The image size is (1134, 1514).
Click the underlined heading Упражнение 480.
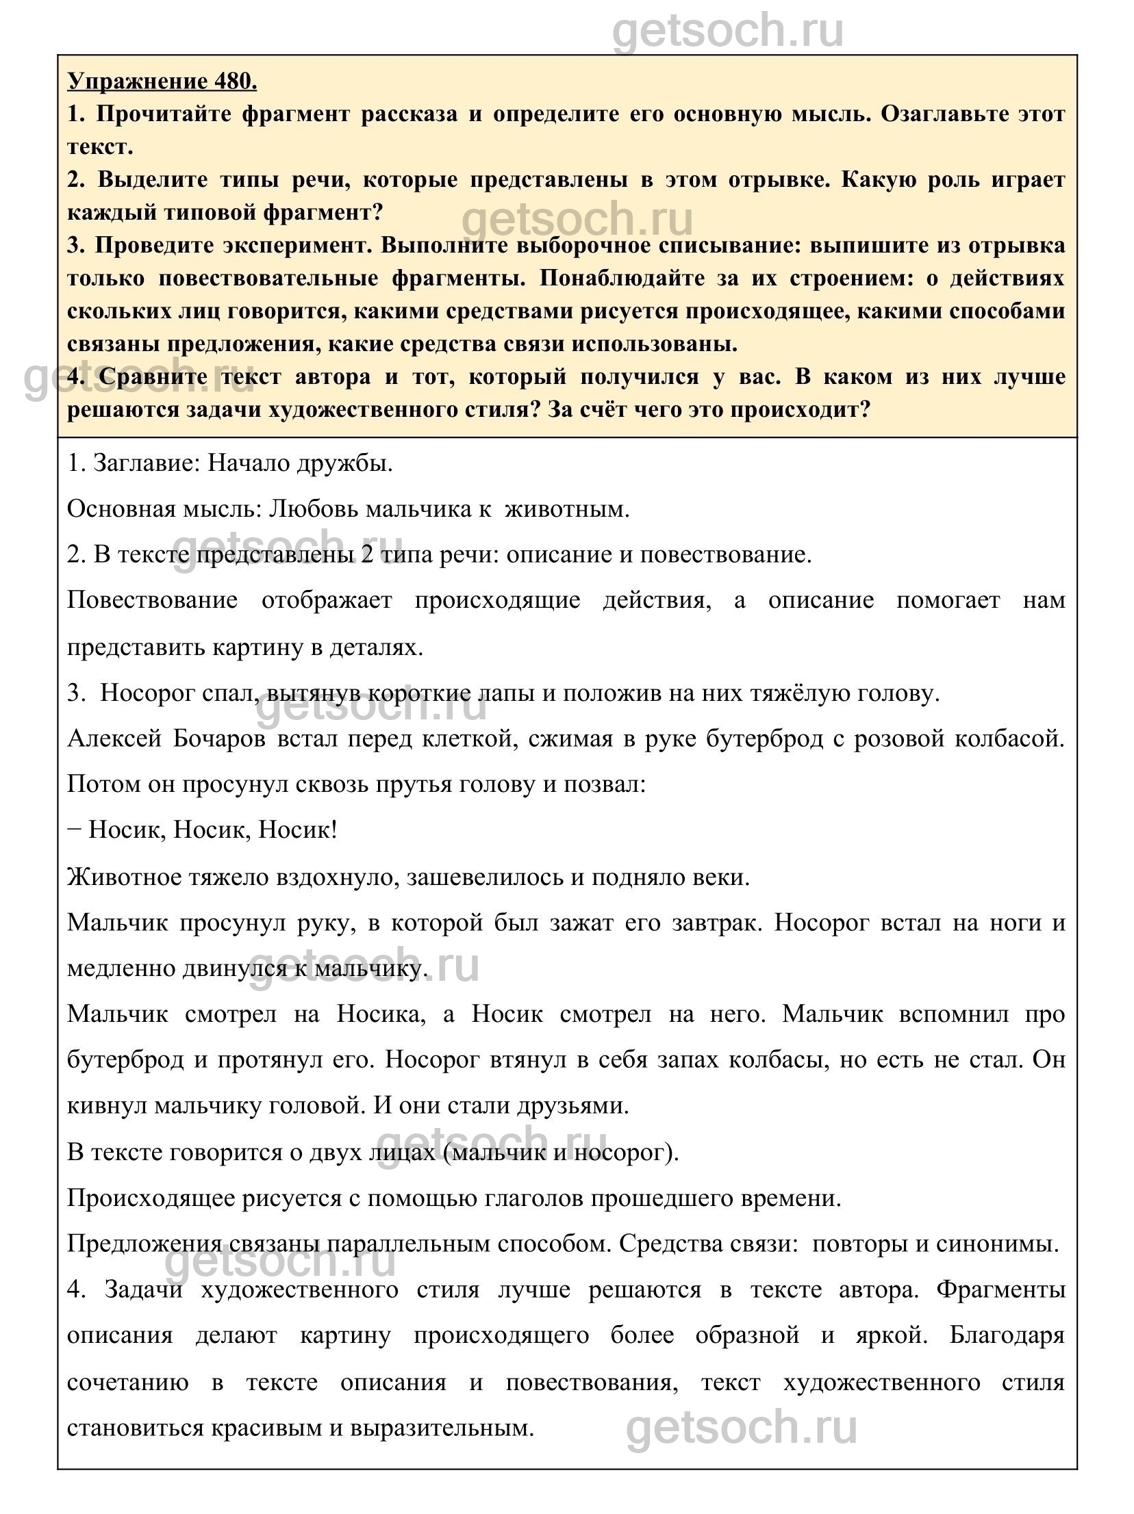tap(162, 81)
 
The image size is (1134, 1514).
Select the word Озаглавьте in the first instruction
tap(951, 114)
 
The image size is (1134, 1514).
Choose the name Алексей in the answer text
tap(114, 739)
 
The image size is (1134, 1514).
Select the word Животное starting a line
tap(120, 877)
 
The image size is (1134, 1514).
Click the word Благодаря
tap(1007, 1336)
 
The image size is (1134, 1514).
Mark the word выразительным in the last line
tap(441, 1428)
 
